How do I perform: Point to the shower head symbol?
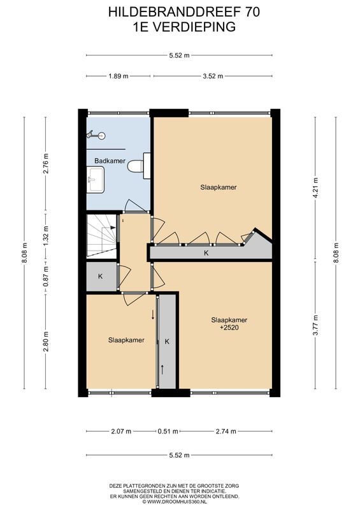pos(96,135)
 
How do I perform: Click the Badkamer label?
pos(110,161)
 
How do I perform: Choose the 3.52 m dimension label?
pos(212,76)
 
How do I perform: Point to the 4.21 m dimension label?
pos(315,188)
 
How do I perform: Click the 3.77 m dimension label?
pos(315,326)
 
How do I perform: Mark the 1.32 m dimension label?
pos(45,236)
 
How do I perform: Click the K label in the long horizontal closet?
pos(206,253)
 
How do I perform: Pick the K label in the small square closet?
pos(101,277)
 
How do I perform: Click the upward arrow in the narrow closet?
pos(163,368)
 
